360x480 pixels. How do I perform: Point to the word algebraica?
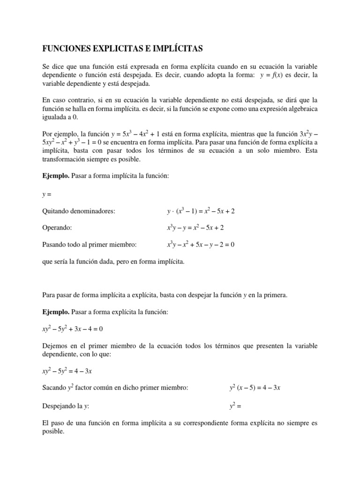pyautogui.click(x=298, y=109)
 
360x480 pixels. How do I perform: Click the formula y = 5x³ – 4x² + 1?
pyautogui.click(x=151, y=135)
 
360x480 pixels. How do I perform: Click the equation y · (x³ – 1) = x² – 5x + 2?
pyautogui.click(x=201, y=211)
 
